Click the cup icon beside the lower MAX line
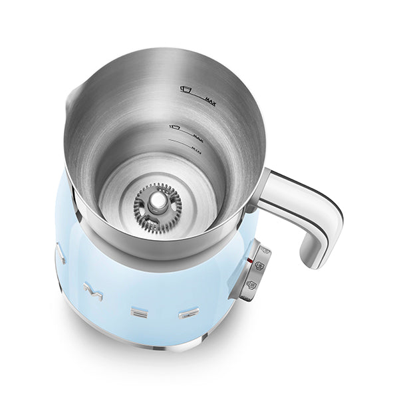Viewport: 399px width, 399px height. tap(176, 127)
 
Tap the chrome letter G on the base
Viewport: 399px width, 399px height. tap(189, 312)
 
